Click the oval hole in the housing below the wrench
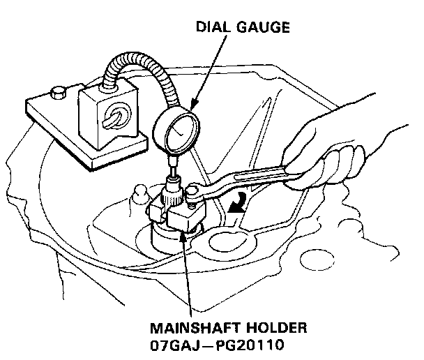[230, 244]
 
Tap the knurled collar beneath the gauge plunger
[173, 191]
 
